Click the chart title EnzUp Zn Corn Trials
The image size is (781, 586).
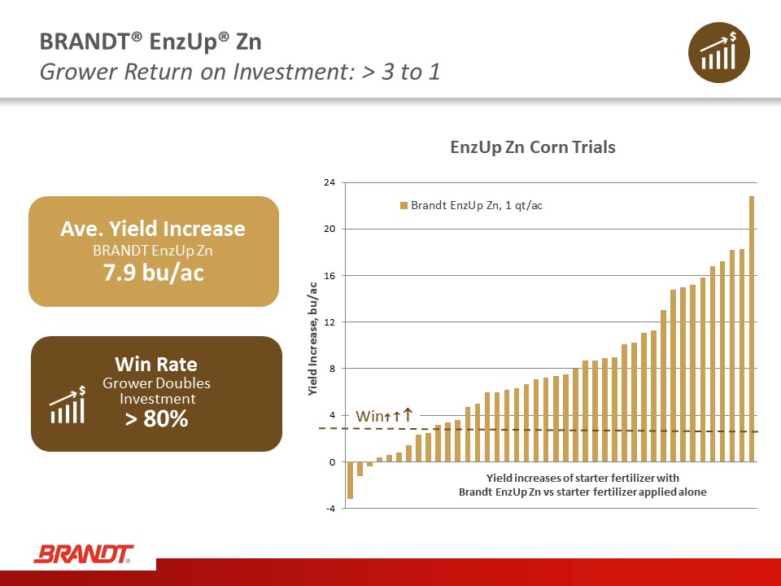[532, 147]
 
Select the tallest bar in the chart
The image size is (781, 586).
[752, 329]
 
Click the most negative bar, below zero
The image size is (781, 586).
[350, 480]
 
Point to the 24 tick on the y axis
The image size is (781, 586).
[329, 182]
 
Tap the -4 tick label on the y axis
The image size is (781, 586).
[330, 508]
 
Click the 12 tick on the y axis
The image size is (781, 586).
[329, 322]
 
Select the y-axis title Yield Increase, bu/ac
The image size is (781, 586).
[312, 339]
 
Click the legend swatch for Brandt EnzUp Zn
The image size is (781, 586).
[404, 205]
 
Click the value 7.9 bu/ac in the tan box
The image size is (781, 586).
[154, 273]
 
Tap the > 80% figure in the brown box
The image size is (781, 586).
[157, 418]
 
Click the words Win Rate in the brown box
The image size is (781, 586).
[156, 365]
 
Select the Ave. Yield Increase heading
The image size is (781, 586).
[153, 229]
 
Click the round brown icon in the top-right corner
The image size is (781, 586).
[718, 52]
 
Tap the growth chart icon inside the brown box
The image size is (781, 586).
[68, 405]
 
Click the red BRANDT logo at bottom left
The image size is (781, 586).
[84, 554]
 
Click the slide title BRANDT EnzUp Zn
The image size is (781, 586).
[151, 42]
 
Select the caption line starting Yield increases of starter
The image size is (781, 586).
[582, 478]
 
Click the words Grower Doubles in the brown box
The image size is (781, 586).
[156, 383]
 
